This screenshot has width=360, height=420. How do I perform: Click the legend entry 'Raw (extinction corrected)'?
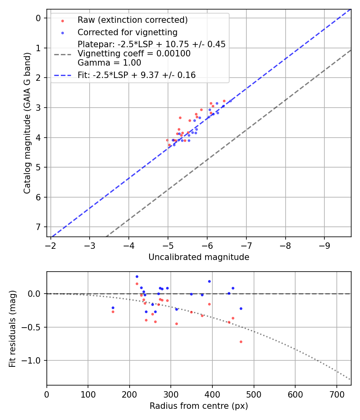click(132, 20)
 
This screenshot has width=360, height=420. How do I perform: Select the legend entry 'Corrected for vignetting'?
click(127, 32)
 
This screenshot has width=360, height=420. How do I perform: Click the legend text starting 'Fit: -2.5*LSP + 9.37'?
click(136, 75)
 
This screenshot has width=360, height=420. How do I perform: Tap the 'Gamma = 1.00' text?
click(109, 63)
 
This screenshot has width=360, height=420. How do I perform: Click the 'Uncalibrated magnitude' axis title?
click(199, 257)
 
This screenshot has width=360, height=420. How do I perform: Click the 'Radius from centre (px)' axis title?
click(199, 406)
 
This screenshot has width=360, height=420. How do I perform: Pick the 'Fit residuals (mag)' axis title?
click(13, 328)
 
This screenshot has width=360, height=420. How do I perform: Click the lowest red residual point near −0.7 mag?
click(241, 342)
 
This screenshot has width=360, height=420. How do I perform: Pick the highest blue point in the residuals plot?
click(137, 276)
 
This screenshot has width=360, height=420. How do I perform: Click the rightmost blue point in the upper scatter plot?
click(230, 101)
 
